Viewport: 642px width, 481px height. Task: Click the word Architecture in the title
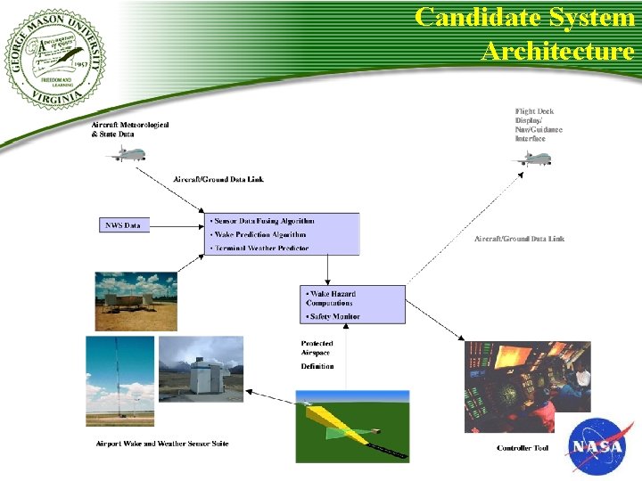point(557,50)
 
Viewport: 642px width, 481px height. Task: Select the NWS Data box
point(124,224)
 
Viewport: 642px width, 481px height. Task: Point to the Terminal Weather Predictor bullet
point(259,248)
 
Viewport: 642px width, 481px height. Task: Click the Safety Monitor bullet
point(333,316)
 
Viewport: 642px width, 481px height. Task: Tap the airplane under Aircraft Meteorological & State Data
point(126,154)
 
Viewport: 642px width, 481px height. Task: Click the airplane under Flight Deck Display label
point(531,159)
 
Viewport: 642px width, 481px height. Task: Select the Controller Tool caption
point(523,448)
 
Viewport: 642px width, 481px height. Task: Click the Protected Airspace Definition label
point(317,355)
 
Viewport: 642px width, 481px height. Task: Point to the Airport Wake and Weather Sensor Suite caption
point(162,444)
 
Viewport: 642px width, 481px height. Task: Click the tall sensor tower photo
point(119,381)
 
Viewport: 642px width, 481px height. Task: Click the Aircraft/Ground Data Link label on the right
point(519,239)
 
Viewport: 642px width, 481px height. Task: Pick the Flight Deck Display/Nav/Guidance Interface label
point(539,125)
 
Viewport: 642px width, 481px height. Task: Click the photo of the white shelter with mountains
point(201,369)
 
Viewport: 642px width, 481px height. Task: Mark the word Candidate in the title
point(473,17)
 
